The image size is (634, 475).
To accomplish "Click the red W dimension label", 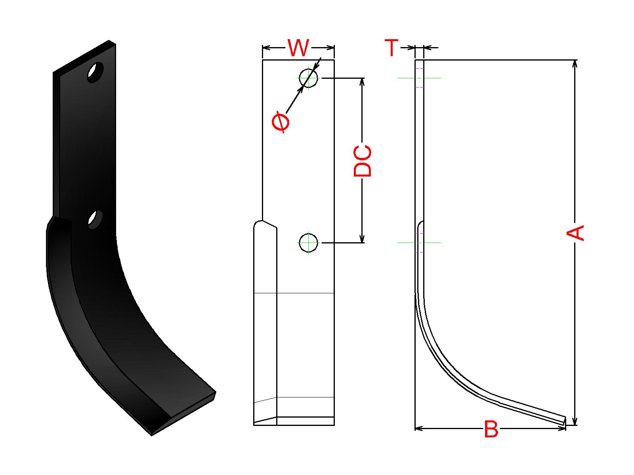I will (x=298, y=48).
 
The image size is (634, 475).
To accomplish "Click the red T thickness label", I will (x=391, y=48).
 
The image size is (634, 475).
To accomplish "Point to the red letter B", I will (x=491, y=429).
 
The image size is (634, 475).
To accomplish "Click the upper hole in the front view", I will (x=308, y=78).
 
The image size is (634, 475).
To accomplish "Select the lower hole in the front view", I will (x=308, y=242).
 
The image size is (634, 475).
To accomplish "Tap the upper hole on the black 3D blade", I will (x=95, y=72).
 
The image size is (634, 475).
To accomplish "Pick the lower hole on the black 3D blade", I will (x=95, y=219).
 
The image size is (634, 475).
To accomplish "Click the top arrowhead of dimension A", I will (x=575, y=63).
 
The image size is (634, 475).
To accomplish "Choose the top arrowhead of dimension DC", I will (x=362, y=82).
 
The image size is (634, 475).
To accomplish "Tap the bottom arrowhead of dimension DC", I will (x=362, y=239).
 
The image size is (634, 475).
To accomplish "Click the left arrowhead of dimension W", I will (x=266, y=48).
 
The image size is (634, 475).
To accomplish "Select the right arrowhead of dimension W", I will (x=331, y=48).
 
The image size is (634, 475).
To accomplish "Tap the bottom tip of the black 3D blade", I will (x=152, y=434).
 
